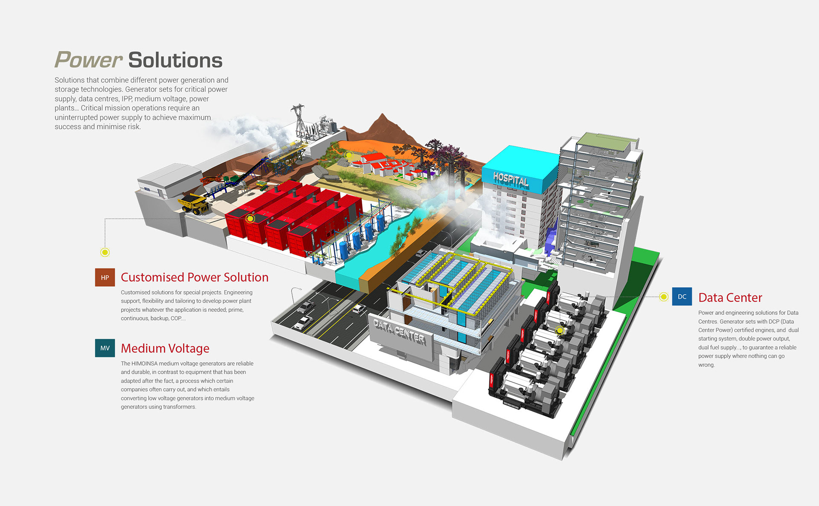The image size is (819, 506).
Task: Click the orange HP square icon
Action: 105,277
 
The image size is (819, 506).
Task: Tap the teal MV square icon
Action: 105,348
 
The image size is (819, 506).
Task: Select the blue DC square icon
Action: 682,297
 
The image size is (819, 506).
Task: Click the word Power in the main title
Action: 89,60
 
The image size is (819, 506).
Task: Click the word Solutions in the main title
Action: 175,60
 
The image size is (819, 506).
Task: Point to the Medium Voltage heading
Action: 165,348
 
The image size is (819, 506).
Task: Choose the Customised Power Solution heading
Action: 195,277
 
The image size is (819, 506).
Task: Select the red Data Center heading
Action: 730,297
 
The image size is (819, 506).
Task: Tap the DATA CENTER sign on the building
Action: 399,332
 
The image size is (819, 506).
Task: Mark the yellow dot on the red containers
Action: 250,219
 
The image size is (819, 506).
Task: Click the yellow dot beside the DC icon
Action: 663,297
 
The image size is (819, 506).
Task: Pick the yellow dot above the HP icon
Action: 105,252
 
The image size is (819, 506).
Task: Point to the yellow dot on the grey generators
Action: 560,330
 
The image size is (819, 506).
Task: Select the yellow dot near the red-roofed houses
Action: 349,155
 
